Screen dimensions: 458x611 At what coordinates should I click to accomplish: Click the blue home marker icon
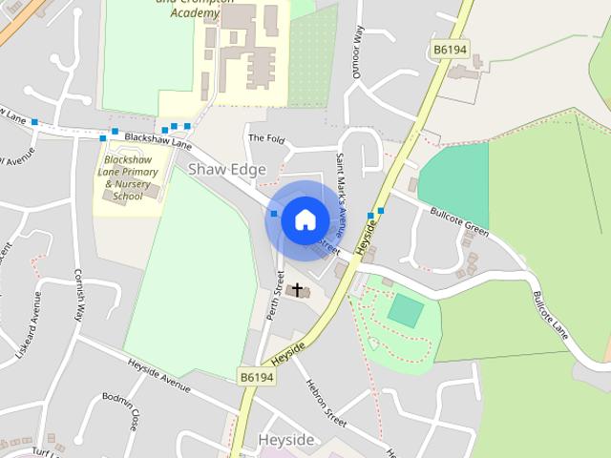point(305,219)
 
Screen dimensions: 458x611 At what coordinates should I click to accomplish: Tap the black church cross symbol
point(297,289)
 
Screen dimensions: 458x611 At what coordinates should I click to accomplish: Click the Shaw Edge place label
point(227,169)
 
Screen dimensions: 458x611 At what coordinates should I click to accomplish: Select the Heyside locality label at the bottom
point(285,440)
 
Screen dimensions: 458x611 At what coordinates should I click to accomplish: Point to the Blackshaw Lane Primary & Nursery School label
point(128,177)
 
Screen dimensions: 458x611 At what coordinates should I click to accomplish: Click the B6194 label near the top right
point(451,49)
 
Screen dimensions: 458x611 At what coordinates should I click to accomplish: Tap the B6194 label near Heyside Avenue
point(257,378)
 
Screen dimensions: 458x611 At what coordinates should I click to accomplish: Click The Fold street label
point(266,139)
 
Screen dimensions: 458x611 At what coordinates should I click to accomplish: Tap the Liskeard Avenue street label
point(30,324)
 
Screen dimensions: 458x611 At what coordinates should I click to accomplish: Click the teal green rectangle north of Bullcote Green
point(453,186)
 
